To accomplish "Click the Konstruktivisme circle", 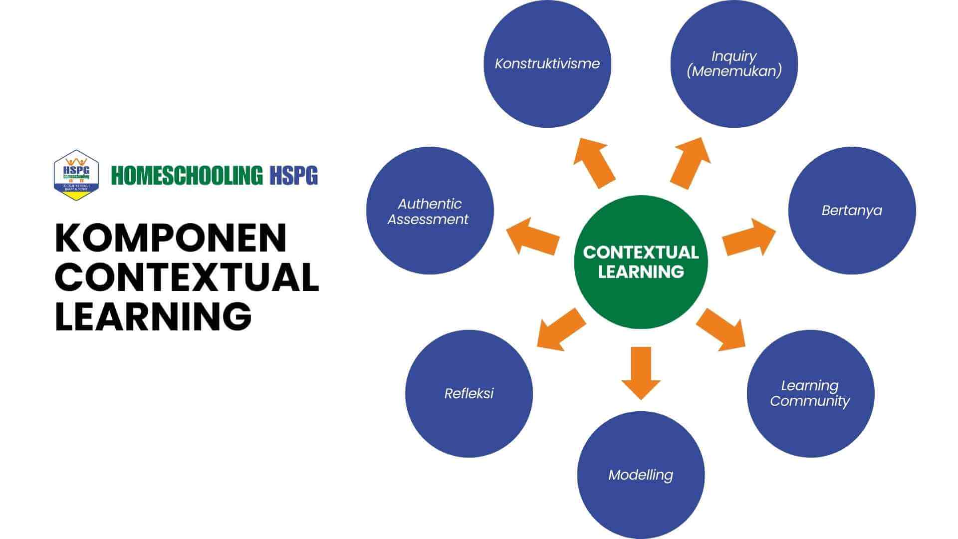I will [x=547, y=64].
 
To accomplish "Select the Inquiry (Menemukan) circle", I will [x=734, y=64].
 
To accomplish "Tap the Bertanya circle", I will [x=852, y=210].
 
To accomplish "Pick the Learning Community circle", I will [x=810, y=393].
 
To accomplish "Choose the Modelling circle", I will [x=641, y=475].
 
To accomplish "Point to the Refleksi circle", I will [x=469, y=393].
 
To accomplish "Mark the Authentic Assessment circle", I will [x=430, y=211].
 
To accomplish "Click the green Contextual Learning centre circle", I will [x=641, y=262].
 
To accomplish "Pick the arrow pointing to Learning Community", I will [x=721, y=329].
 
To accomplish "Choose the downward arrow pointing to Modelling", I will [x=641, y=372].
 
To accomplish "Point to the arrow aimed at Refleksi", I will [x=561, y=329].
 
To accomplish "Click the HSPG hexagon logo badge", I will [x=76, y=175].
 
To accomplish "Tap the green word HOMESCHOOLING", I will [x=187, y=176].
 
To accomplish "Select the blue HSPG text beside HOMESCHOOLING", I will [x=293, y=176].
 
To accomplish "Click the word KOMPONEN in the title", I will [x=171, y=238].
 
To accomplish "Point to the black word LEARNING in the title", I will [x=153, y=315].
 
